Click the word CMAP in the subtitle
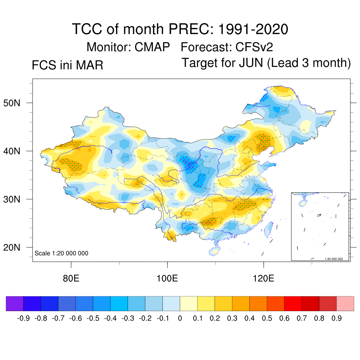(153, 47)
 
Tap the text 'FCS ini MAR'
(67, 65)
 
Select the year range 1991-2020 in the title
(253, 29)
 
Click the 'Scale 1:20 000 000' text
(61, 253)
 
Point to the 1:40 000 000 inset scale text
(336, 259)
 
